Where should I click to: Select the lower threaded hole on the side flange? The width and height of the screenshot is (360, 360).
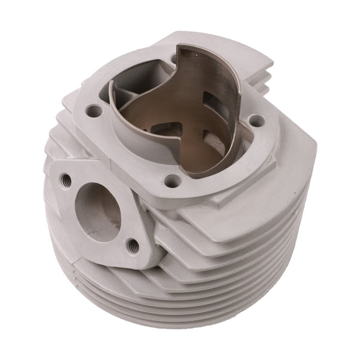point(133,244)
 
